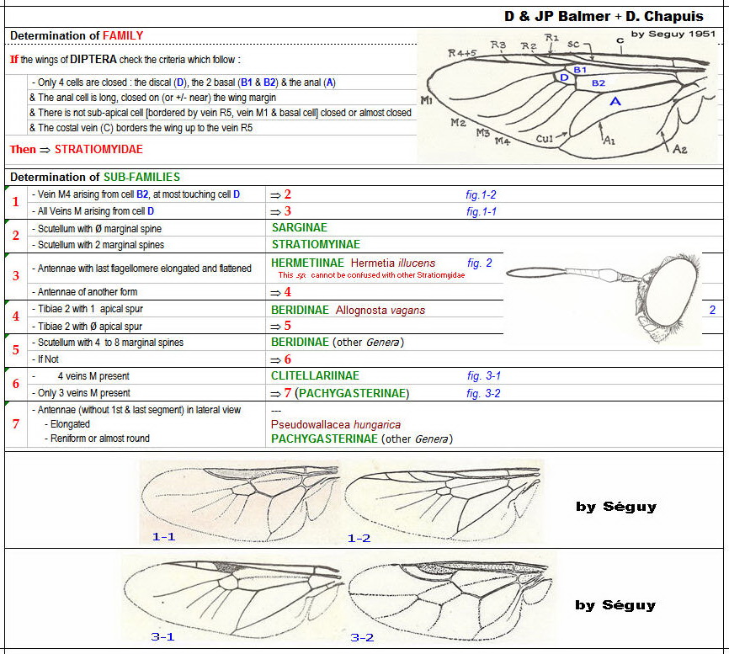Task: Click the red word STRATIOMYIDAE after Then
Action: (98, 149)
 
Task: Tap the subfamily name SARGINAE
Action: (300, 227)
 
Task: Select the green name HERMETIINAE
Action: (306, 263)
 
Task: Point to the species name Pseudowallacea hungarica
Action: (335, 424)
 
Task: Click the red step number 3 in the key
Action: (15, 275)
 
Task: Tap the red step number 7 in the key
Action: (15, 423)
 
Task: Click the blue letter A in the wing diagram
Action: (615, 100)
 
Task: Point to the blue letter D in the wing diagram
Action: (565, 77)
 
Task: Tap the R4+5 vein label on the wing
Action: (461, 52)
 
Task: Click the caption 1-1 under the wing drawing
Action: (163, 536)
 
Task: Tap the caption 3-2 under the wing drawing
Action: (362, 637)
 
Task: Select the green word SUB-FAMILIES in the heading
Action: (141, 177)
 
